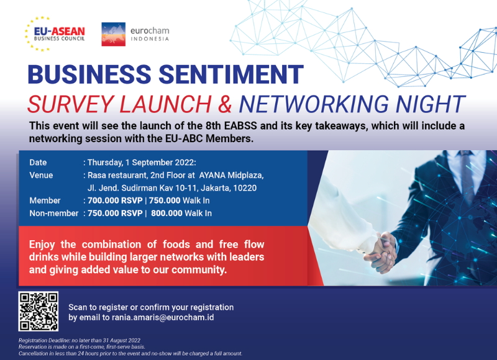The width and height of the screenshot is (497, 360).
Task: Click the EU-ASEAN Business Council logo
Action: (x=55, y=34)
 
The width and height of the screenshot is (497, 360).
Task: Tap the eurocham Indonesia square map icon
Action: (x=114, y=34)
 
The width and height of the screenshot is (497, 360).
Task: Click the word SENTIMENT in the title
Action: (x=231, y=74)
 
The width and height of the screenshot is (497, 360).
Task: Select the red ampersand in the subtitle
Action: (x=225, y=104)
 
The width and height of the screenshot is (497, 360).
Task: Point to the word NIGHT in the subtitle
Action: (x=431, y=104)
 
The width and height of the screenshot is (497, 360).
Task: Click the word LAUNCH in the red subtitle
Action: (x=165, y=104)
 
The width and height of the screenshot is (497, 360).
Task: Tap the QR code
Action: (x=39, y=311)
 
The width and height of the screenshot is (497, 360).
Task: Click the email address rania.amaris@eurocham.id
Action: (x=163, y=318)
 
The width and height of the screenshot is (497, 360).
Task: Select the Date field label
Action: (x=38, y=163)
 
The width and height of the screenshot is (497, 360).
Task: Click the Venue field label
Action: (x=41, y=175)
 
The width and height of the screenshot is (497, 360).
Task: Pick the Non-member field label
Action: (x=54, y=213)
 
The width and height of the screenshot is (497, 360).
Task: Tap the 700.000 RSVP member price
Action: (x=115, y=200)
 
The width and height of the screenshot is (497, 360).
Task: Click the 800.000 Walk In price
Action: (x=181, y=213)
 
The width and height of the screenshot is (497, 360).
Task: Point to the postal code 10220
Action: (x=245, y=188)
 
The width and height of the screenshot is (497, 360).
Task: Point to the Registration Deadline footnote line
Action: (x=80, y=341)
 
